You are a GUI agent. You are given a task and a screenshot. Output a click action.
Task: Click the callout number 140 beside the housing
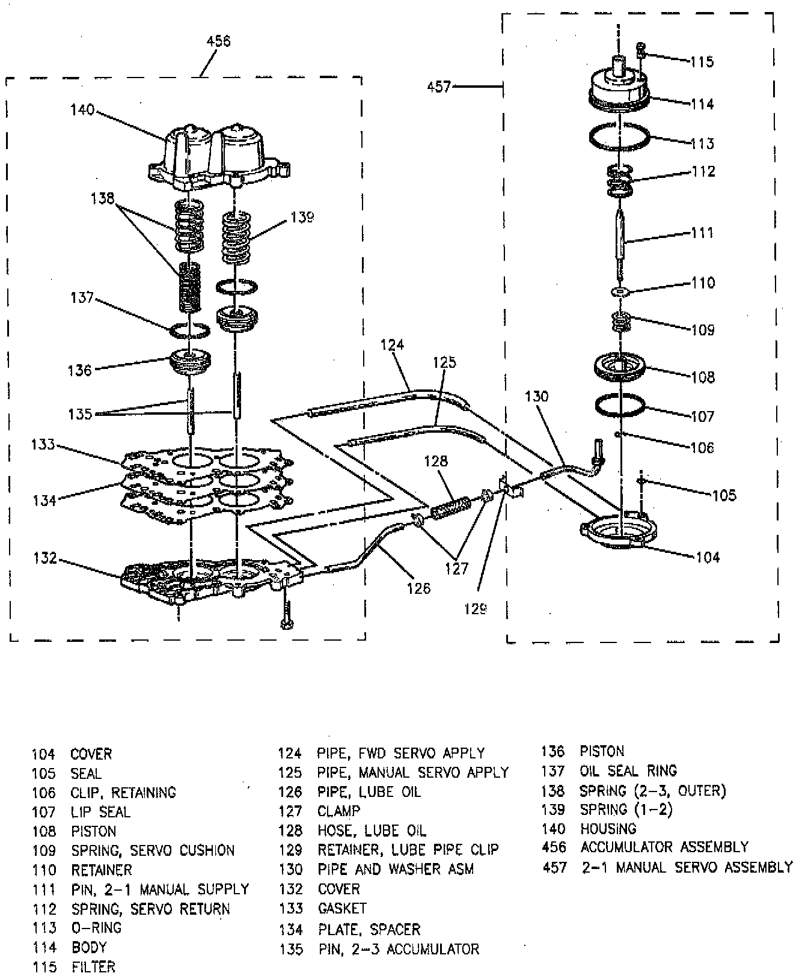(x=82, y=109)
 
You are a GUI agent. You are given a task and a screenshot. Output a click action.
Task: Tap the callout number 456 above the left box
(x=218, y=41)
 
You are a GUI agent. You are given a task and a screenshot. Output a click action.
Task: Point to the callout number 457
(x=438, y=87)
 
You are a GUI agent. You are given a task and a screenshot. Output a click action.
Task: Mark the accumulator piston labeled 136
(x=189, y=363)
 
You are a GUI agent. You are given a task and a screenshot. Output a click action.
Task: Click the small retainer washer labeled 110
(x=619, y=291)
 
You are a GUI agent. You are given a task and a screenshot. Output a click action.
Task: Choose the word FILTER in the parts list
(x=93, y=967)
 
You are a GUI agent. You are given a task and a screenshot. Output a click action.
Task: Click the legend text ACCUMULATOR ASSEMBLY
(x=664, y=847)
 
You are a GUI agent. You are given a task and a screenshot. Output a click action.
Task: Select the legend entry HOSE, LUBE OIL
(x=372, y=831)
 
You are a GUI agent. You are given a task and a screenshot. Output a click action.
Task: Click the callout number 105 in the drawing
(x=724, y=495)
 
